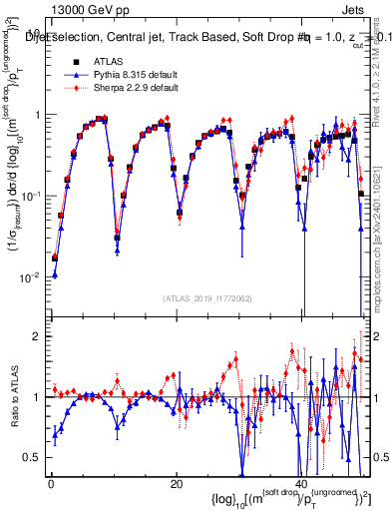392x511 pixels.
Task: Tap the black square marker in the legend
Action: point(77,61)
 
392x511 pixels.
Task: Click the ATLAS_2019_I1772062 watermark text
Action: point(206,298)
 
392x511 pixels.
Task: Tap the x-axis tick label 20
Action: point(176,484)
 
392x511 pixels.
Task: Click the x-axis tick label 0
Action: point(51,484)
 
